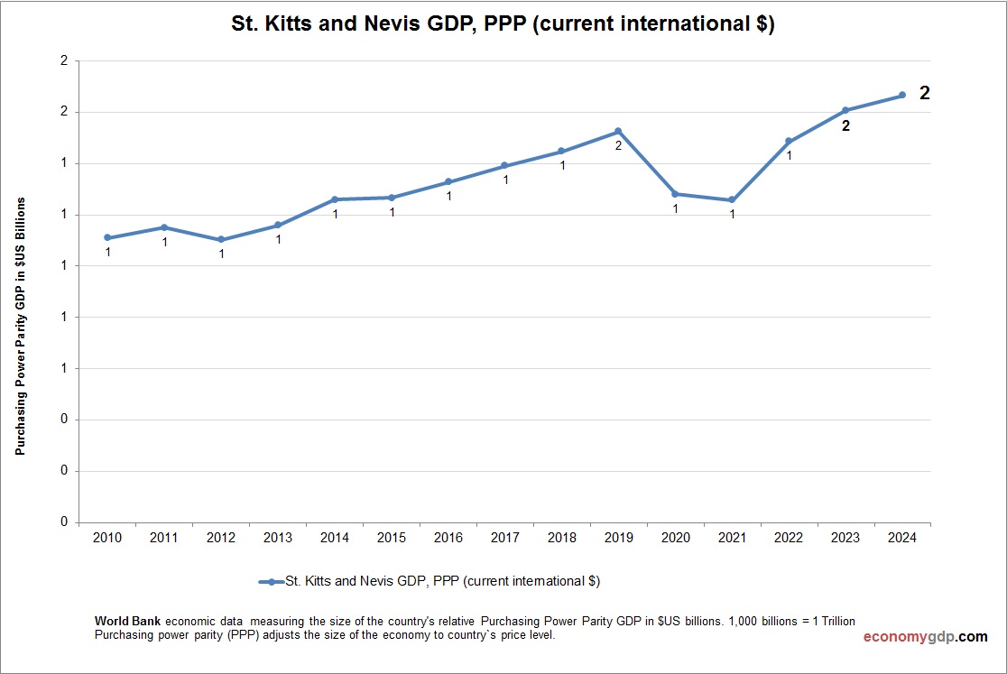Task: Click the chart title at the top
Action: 503,25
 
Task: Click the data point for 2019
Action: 618,131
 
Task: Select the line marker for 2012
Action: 221,240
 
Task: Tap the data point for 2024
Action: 902,95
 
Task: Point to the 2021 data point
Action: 732,200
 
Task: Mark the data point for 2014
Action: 335,199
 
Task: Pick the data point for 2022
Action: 789,141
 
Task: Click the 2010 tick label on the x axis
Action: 107,538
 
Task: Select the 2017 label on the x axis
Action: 504,538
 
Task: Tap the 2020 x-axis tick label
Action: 675,538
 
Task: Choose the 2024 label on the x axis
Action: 902,538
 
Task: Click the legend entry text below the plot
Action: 442,582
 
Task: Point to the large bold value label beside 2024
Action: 924,93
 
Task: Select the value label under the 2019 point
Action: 618,145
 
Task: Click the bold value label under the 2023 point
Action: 845,126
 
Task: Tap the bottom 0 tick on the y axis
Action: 64,522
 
